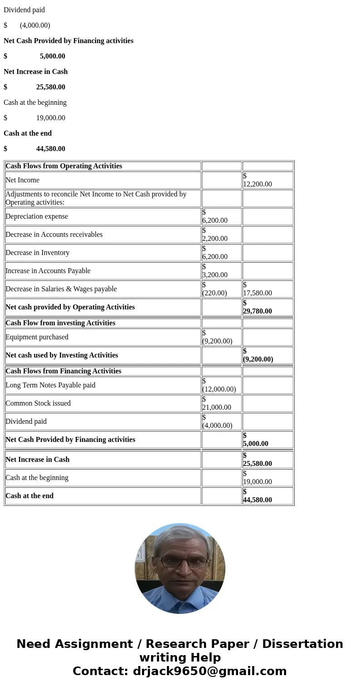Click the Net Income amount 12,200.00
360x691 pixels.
point(258,184)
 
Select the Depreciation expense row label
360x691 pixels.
point(37,216)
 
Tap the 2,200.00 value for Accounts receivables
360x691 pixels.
point(215,238)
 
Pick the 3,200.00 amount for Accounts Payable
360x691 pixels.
point(215,274)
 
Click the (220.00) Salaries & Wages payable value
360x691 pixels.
point(214,293)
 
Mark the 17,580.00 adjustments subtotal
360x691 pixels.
point(258,293)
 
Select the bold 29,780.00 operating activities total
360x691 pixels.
point(258,311)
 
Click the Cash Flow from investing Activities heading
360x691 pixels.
point(60,323)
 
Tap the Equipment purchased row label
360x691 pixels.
point(37,337)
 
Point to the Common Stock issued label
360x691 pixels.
point(38,403)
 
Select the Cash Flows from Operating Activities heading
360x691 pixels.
point(64,166)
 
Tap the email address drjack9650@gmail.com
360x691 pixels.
point(209,671)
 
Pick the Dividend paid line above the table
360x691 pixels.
point(24,10)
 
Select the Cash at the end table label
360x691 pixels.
point(29,496)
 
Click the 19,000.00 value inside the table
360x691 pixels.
point(258,481)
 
